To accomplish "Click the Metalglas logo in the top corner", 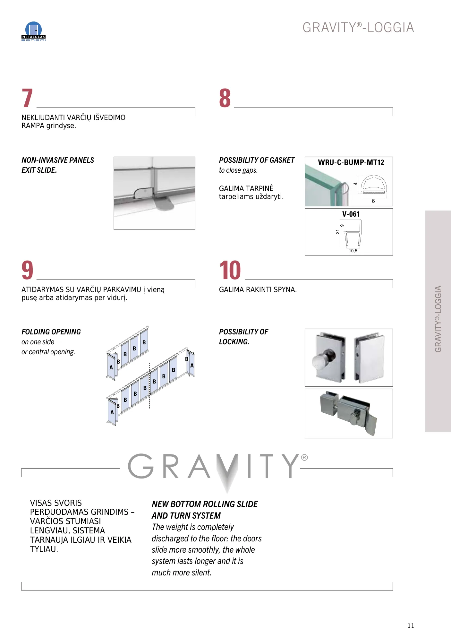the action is click(33, 31).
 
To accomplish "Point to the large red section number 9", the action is click(27, 270).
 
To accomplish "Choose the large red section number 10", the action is click(230, 270).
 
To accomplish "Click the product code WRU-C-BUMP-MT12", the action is click(351, 162).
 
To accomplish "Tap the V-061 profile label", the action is click(351, 214).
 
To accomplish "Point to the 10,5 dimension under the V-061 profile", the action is click(353, 251).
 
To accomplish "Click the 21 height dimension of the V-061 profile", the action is click(337, 232).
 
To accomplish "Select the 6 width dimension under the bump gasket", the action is click(373, 201).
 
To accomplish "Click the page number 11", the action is click(411, 625).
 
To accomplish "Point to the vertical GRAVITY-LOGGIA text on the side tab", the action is click(438, 319).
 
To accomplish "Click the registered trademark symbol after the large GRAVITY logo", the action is click(304, 458).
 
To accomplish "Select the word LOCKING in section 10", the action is click(234, 342).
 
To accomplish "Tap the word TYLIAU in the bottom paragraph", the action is click(44, 549).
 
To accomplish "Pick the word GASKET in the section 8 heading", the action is click(282, 160).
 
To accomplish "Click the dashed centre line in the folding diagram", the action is click(149, 386).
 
